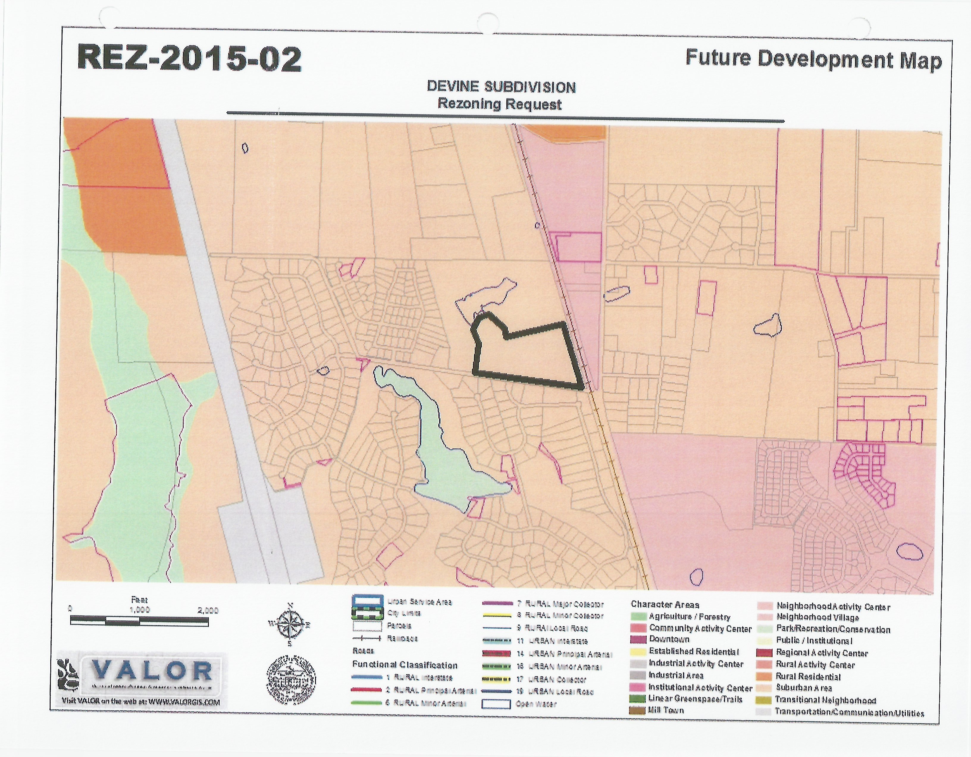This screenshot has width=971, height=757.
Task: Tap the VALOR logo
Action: coord(151,672)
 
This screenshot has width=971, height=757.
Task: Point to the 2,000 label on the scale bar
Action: coord(208,610)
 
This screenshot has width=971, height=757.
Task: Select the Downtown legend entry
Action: coord(669,639)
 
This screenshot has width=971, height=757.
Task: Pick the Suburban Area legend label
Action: coord(804,688)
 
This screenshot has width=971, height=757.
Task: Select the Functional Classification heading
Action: coord(405,665)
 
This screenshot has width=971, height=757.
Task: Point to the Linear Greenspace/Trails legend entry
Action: coord(695,699)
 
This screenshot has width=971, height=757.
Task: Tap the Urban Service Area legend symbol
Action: coord(367,601)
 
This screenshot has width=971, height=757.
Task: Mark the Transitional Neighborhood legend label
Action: coord(825,700)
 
